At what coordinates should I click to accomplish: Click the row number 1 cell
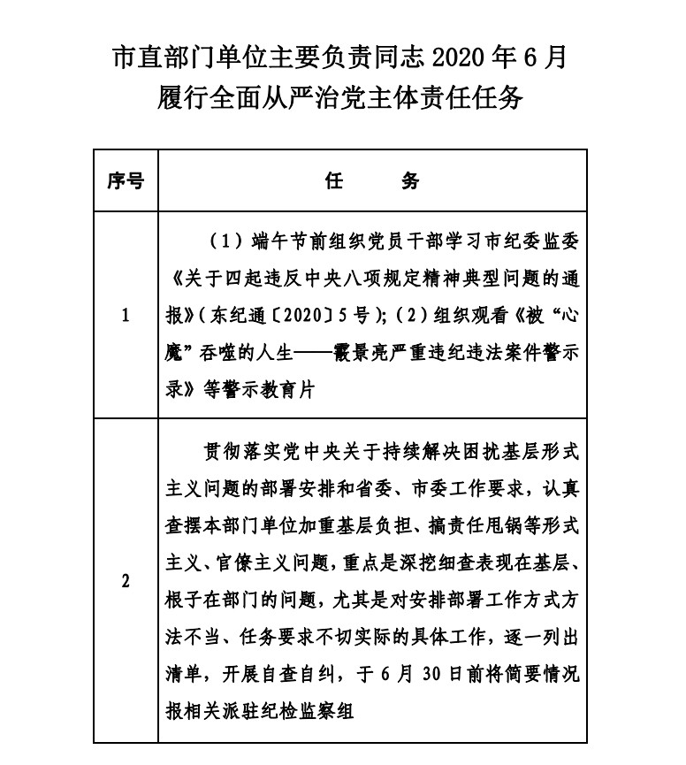[x=126, y=316]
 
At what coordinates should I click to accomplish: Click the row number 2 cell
[x=126, y=581]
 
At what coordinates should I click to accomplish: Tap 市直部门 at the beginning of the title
[x=154, y=58]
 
